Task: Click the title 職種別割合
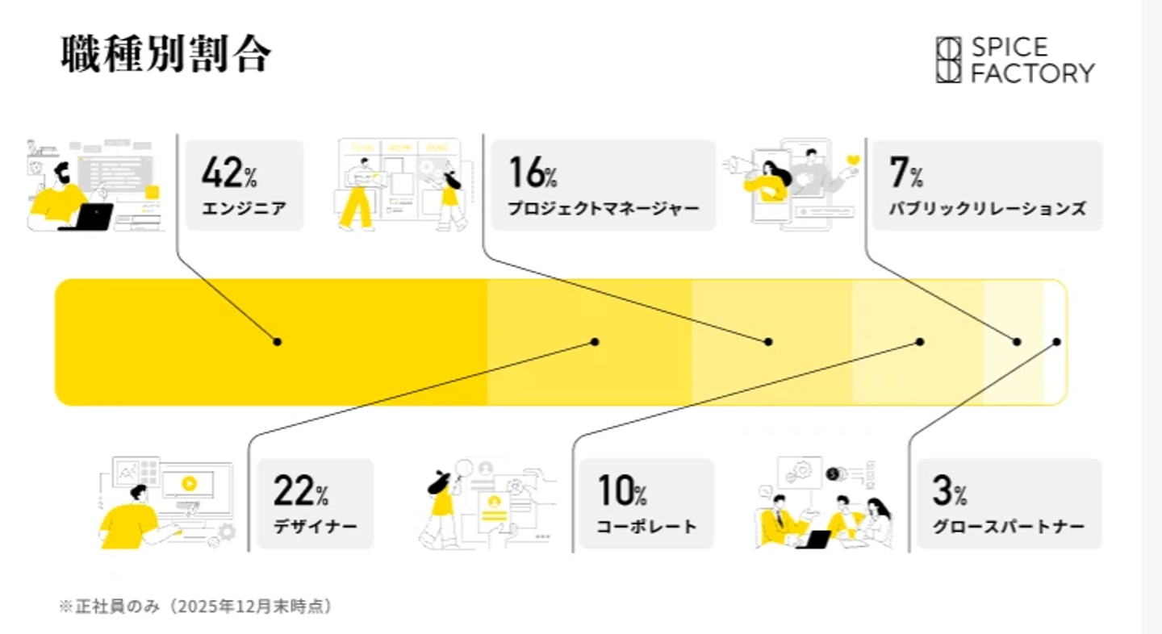[x=166, y=53]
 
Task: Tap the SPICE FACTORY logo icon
[x=948, y=60]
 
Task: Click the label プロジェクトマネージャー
[x=604, y=208]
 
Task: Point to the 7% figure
[x=905, y=172]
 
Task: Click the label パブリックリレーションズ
[x=987, y=208]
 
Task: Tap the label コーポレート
[x=646, y=527]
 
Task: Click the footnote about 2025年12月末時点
[x=195, y=606]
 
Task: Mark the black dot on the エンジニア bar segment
[x=277, y=342]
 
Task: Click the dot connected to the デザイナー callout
[x=595, y=342]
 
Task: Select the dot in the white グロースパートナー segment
[x=1057, y=342]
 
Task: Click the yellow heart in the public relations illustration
[x=853, y=161]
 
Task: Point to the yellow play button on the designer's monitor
[x=190, y=484]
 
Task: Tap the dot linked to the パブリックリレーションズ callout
[x=1017, y=342]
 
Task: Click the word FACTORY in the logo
[x=1032, y=73]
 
